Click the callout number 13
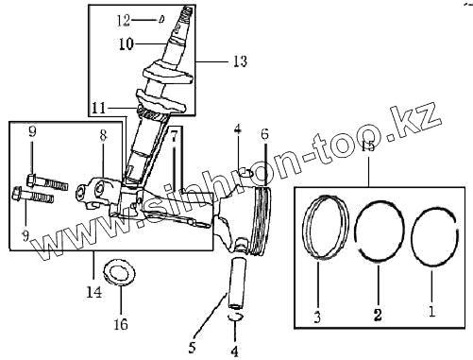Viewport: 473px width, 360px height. (240, 60)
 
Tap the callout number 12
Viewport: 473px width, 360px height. (124, 21)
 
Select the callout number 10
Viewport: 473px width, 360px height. (127, 44)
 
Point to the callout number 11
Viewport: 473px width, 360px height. (99, 108)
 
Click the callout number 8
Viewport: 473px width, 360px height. (103, 135)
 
